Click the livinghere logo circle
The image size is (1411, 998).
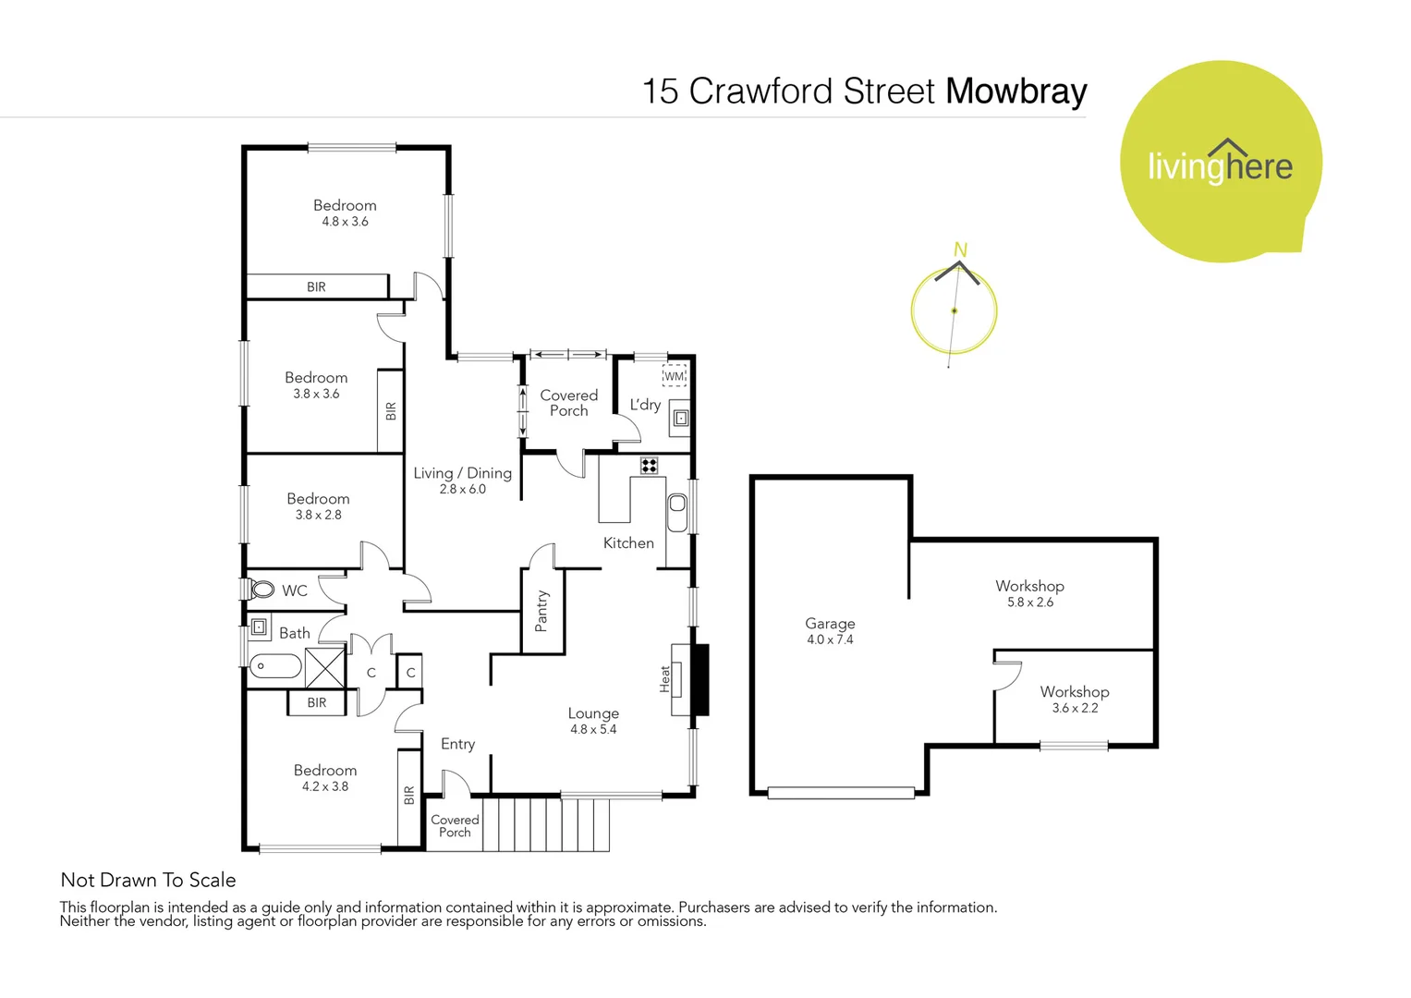pyautogui.click(x=1220, y=162)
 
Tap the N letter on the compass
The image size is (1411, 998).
pyautogui.click(x=960, y=249)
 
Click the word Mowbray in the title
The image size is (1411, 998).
pyautogui.click(x=1016, y=91)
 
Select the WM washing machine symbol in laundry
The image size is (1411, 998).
pyautogui.click(x=674, y=376)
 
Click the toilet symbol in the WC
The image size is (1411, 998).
pyautogui.click(x=262, y=590)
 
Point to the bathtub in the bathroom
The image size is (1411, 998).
pyautogui.click(x=275, y=666)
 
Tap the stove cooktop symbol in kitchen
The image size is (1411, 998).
pyautogui.click(x=650, y=466)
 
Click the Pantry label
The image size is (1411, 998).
pyautogui.click(x=541, y=612)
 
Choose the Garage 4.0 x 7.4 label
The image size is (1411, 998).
pyautogui.click(x=830, y=631)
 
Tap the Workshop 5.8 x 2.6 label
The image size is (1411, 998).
pyautogui.click(x=1029, y=593)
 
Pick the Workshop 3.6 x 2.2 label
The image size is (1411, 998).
pyautogui.click(x=1074, y=700)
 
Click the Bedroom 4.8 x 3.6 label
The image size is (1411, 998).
pyautogui.click(x=345, y=213)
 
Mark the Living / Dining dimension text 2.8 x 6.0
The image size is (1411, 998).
pyautogui.click(x=462, y=490)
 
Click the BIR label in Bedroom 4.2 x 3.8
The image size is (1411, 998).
pyautogui.click(x=408, y=795)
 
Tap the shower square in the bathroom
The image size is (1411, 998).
pyautogui.click(x=324, y=667)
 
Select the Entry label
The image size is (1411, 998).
pyautogui.click(x=457, y=744)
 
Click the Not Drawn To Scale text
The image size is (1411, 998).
pyautogui.click(x=148, y=880)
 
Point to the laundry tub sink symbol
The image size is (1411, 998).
pyautogui.click(x=681, y=418)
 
